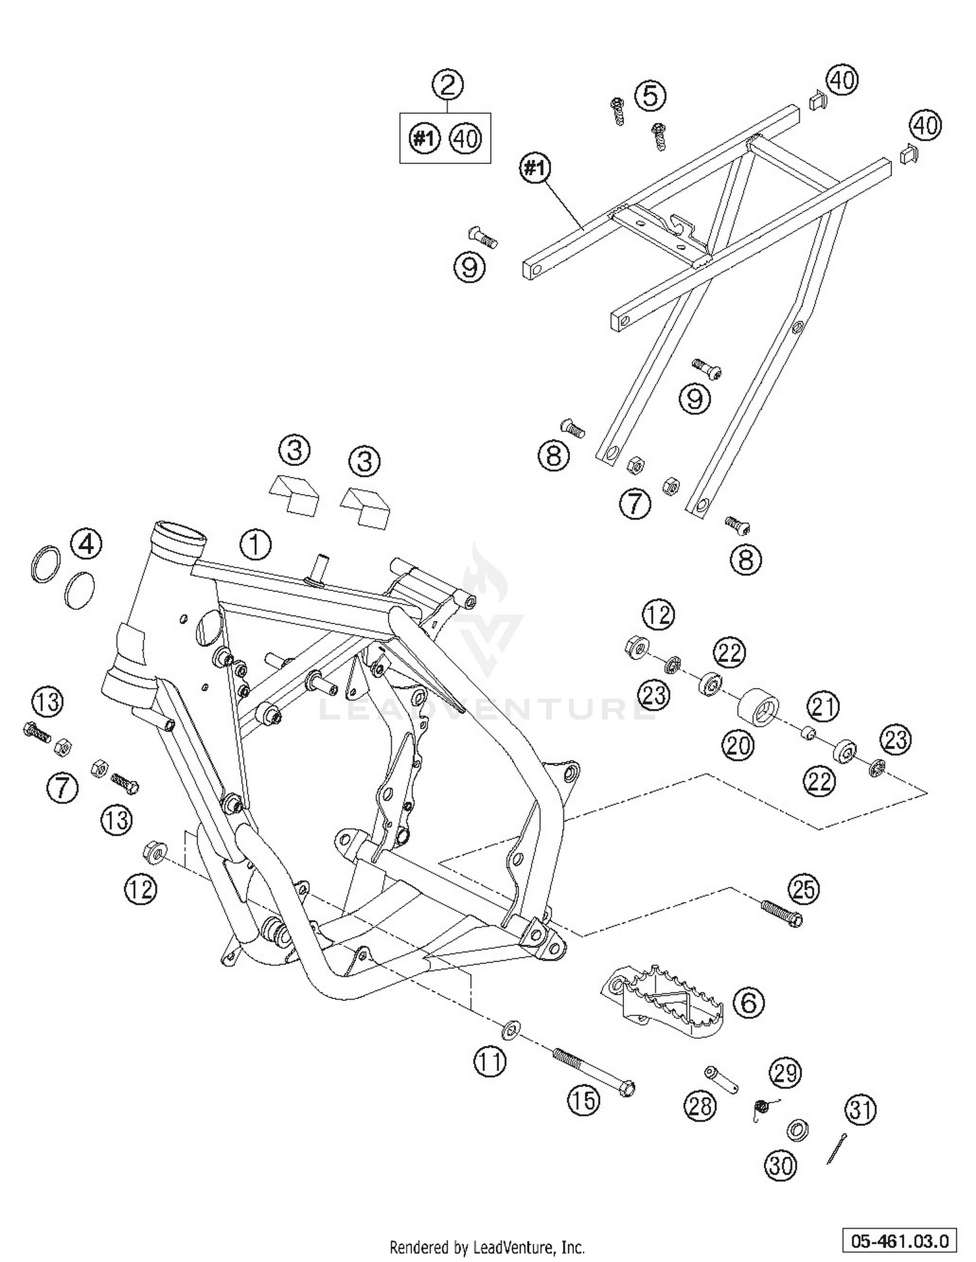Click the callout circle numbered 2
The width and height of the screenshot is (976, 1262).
point(447,85)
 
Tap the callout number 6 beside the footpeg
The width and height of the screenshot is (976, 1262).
point(748,1003)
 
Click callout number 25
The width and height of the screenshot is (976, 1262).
point(804,889)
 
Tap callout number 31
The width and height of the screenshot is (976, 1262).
point(860,1110)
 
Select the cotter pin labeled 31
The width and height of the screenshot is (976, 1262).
point(837,1149)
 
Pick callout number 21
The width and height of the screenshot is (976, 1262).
point(823,707)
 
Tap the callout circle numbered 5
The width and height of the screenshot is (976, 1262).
point(651,96)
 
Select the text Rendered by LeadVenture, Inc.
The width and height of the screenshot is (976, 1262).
point(487,1248)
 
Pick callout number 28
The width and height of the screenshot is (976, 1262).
point(700,1106)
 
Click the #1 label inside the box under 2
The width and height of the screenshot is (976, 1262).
point(424,139)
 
